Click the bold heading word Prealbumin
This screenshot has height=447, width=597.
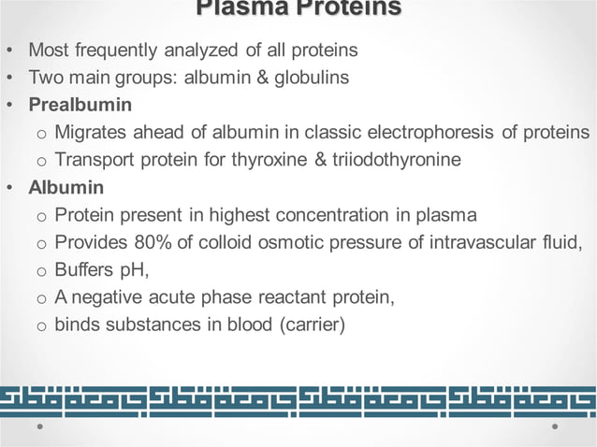click(x=80, y=105)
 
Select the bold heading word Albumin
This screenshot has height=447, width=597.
click(x=66, y=187)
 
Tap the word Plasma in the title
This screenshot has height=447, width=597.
click(x=241, y=7)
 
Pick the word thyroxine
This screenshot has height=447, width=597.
click(x=269, y=159)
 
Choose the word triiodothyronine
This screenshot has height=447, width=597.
click(x=397, y=159)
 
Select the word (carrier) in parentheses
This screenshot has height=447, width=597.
click(x=313, y=324)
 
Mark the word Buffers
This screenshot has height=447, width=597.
click(x=84, y=269)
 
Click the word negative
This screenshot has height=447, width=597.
click(x=107, y=297)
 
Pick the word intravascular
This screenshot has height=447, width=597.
click(x=483, y=242)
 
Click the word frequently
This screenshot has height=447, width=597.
click(x=116, y=50)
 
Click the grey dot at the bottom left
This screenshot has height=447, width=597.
click(x=40, y=426)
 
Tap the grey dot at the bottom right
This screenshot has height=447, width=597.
click(x=555, y=426)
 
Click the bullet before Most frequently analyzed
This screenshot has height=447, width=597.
click(x=10, y=50)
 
